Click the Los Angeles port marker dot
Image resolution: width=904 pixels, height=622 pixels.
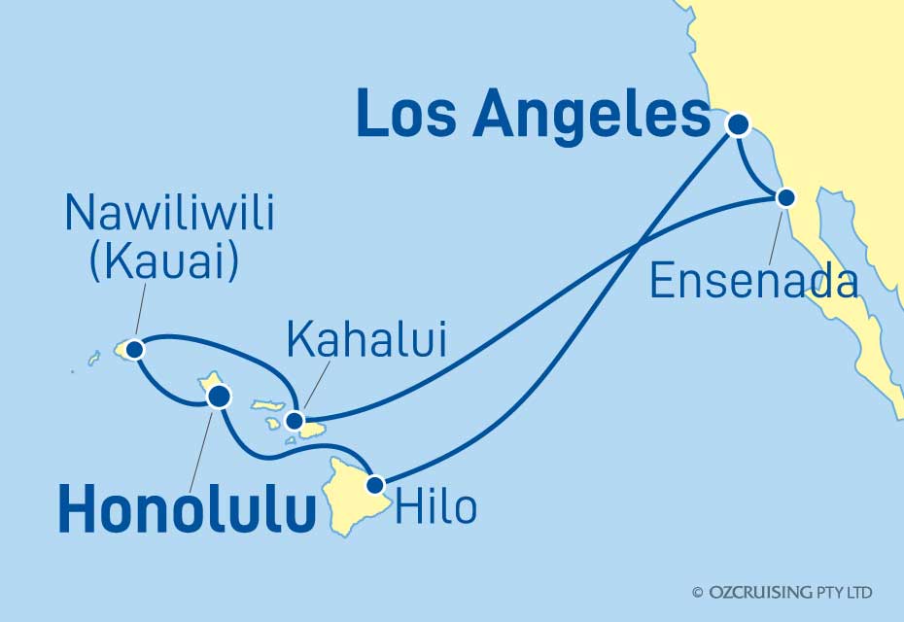point(739,124)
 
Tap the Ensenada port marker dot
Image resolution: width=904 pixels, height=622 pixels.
point(786,197)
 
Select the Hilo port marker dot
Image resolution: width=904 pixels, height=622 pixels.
point(375,483)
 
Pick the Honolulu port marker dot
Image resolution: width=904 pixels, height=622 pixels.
point(220,396)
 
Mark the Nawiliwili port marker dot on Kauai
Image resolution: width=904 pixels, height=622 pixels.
point(134,348)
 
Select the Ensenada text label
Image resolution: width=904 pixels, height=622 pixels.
point(753,283)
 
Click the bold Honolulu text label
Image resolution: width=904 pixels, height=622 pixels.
point(188,511)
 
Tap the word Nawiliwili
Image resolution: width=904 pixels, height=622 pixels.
point(169,215)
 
